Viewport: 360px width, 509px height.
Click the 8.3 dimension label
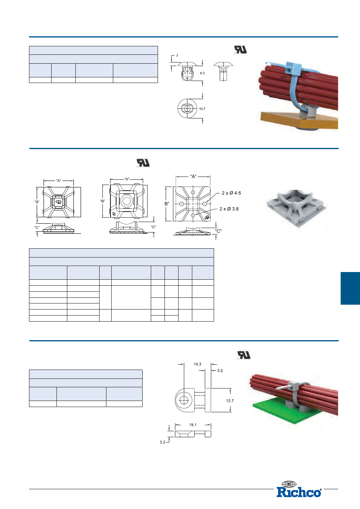coord(202,73)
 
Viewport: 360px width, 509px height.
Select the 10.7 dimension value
coord(202,109)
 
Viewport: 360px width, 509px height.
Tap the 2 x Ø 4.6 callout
coord(231,193)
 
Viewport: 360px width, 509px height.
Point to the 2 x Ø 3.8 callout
coord(229,209)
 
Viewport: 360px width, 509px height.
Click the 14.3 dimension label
coord(197,364)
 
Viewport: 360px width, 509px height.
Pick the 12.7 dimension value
coord(230,401)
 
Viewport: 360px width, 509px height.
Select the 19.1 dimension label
coord(193,425)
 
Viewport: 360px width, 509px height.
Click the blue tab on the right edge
coord(350,288)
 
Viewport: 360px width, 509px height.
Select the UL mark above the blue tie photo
coord(240,50)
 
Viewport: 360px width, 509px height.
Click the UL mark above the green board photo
coord(243,355)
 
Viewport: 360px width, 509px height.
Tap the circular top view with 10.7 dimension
coord(187,108)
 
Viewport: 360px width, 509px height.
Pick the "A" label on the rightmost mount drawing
coord(193,177)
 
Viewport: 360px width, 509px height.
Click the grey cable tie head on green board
coord(293,386)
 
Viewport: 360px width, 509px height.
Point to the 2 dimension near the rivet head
coord(177,55)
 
